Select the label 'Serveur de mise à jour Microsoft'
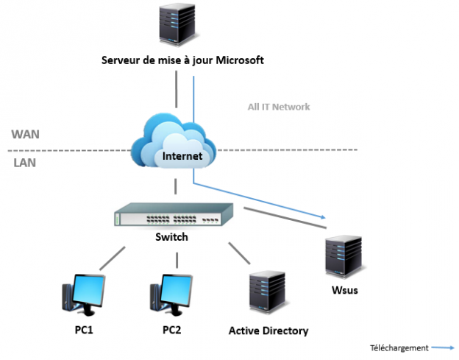pyautogui.click(x=182, y=60)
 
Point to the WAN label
pyautogui.click(x=26, y=135)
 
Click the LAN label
pyautogui.click(x=24, y=163)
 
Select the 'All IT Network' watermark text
pyautogui.click(x=279, y=107)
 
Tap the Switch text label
pyautogui.click(x=171, y=237)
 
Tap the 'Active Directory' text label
pyautogui.click(x=268, y=331)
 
